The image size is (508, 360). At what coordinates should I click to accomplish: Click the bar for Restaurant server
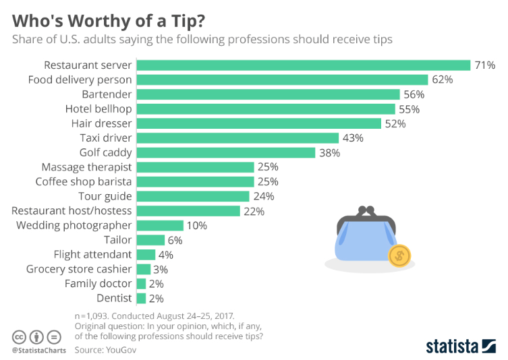click(303, 65)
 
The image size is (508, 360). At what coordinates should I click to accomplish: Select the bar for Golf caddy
click(226, 152)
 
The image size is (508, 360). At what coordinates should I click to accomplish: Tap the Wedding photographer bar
click(160, 226)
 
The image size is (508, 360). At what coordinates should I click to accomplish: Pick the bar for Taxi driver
click(237, 138)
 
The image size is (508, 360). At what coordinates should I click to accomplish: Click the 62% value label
click(443, 80)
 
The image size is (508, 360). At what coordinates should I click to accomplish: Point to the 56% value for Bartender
click(414, 94)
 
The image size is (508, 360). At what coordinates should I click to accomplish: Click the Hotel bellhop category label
click(98, 109)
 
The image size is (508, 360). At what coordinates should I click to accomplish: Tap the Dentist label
click(114, 298)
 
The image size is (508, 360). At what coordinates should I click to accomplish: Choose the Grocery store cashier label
click(79, 269)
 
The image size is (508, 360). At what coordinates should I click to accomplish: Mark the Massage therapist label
click(86, 167)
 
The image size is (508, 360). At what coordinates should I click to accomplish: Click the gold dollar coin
click(399, 255)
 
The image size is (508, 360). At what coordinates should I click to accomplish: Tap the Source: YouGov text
click(107, 350)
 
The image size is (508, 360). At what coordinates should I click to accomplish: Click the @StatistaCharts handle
click(38, 351)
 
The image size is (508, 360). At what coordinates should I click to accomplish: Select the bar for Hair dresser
click(259, 123)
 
